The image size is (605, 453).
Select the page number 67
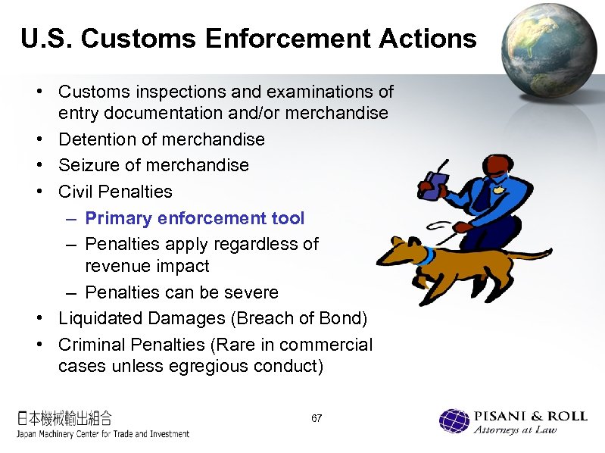(x=317, y=418)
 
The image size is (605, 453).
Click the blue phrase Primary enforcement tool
(x=195, y=218)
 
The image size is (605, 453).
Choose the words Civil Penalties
(x=115, y=192)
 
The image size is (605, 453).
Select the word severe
(x=252, y=292)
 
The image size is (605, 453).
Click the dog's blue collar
(x=429, y=255)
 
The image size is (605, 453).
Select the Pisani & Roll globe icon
(x=454, y=421)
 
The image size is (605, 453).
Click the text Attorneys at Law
(x=515, y=430)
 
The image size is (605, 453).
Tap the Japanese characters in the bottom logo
(x=65, y=417)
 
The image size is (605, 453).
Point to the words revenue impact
(x=147, y=267)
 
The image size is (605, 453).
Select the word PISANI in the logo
(x=499, y=416)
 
